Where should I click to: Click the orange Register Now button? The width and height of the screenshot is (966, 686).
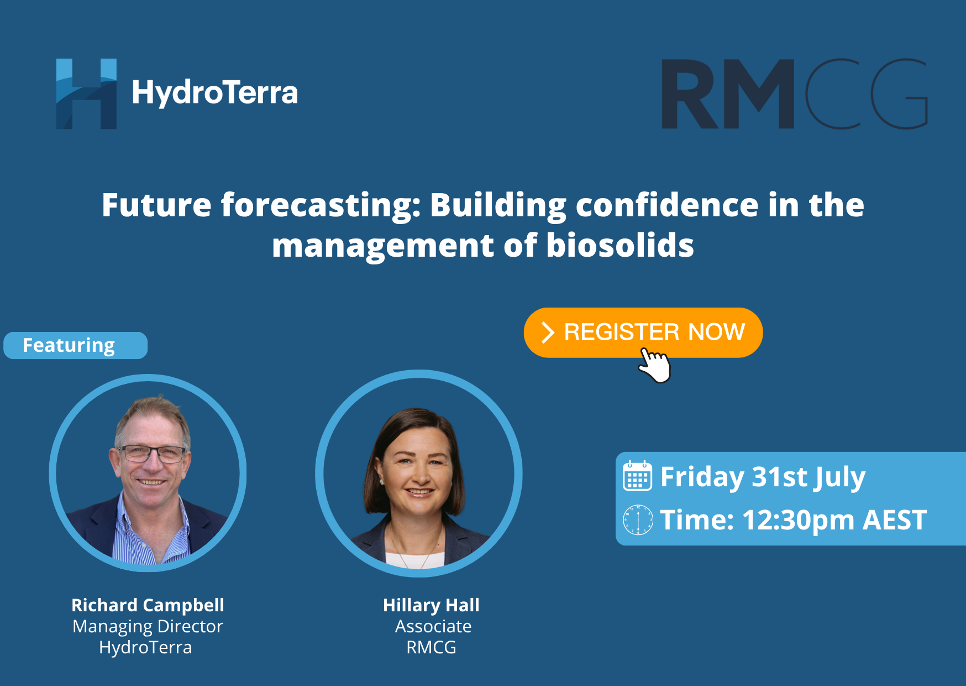click(x=643, y=332)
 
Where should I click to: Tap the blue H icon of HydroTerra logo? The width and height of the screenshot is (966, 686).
click(x=86, y=93)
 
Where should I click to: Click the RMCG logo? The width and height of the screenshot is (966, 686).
click(x=795, y=93)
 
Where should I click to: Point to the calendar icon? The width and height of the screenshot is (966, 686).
click(x=637, y=475)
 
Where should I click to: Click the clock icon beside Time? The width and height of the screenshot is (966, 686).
click(x=638, y=520)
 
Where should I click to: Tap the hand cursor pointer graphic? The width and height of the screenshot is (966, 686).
click(x=655, y=365)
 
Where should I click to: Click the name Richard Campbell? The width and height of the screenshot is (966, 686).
click(x=148, y=605)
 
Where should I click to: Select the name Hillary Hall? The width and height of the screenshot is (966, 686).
click(x=431, y=605)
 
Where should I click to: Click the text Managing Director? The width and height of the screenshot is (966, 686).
click(x=148, y=626)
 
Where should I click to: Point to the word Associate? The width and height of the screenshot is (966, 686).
click(x=433, y=626)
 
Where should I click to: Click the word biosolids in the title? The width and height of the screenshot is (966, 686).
click(x=620, y=245)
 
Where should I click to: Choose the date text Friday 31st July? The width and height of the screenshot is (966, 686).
click(x=763, y=477)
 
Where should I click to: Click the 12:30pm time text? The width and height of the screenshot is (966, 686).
click(x=799, y=520)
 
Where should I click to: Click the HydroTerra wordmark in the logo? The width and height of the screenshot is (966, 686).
click(x=215, y=93)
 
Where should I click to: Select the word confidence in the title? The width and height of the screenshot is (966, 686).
click(x=667, y=205)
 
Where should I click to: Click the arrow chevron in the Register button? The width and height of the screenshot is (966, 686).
click(x=548, y=332)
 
